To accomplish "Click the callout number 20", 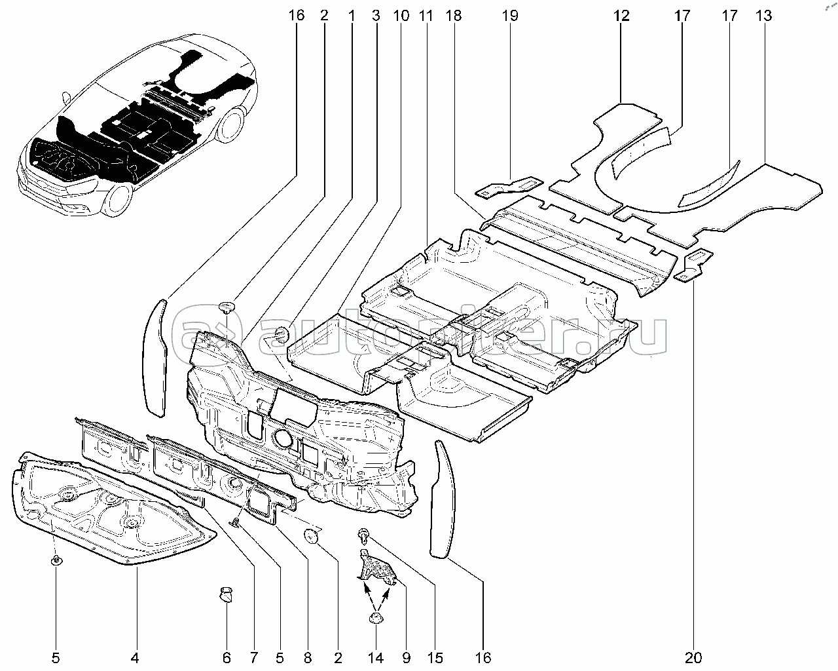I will click(x=694, y=657).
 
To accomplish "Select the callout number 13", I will click(x=763, y=15).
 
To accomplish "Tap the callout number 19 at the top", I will click(x=510, y=15).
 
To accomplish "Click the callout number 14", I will click(x=376, y=657).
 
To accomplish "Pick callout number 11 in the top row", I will click(x=426, y=15).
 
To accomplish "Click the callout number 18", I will click(x=453, y=15).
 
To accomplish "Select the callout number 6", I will click(x=227, y=657).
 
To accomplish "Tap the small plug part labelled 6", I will click(x=227, y=595).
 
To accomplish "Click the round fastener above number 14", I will click(x=376, y=619).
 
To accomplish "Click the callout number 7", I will click(x=253, y=657).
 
